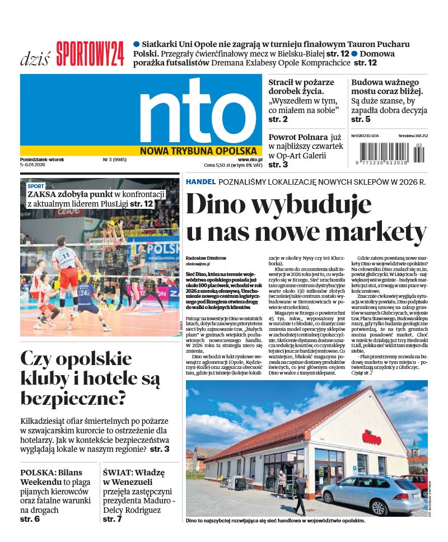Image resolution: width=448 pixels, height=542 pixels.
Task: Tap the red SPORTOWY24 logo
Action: [x=90, y=54]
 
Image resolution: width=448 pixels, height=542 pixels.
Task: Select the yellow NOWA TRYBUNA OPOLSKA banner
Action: [x=198, y=151]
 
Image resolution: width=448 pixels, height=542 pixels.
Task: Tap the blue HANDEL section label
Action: [x=200, y=182]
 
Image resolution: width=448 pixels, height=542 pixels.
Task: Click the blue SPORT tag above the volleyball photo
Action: [x=36, y=186]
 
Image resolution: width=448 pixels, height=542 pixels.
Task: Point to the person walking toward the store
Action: [x=301, y=493]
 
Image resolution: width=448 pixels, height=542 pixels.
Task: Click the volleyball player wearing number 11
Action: [x=68, y=269]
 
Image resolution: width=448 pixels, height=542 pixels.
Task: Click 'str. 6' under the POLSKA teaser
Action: [x=30, y=519]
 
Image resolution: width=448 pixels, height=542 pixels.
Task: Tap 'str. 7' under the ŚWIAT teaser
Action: [x=112, y=519]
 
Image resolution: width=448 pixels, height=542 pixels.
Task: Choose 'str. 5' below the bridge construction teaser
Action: [x=361, y=119]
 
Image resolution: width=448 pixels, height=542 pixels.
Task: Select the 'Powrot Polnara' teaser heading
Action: [x=297, y=137]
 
